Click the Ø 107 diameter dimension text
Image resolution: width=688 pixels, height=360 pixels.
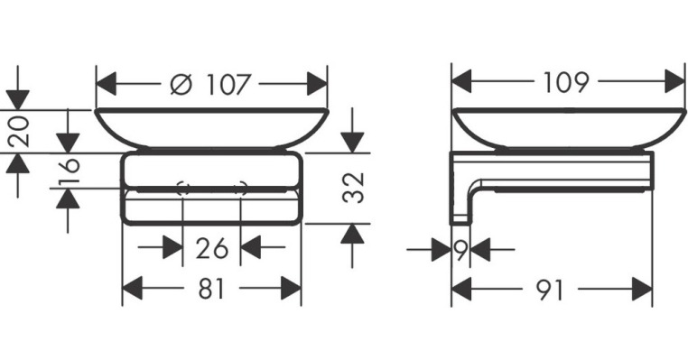click(x=210, y=83)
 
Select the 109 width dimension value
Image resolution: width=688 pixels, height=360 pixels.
click(x=565, y=82)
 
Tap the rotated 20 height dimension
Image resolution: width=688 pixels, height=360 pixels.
click(x=20, y=132)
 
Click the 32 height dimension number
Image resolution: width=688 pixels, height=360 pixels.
click(x=353, y=188)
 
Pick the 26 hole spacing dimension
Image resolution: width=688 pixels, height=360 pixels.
click(x=212, y=248)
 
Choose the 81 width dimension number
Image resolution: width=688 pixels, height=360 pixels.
click(x=211, y=290)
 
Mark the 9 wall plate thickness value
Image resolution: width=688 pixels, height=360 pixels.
click(x=460, y=250)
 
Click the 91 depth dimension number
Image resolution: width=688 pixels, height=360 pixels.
click(x=549, y=290)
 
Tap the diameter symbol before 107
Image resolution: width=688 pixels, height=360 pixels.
click(x=181, y=84)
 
